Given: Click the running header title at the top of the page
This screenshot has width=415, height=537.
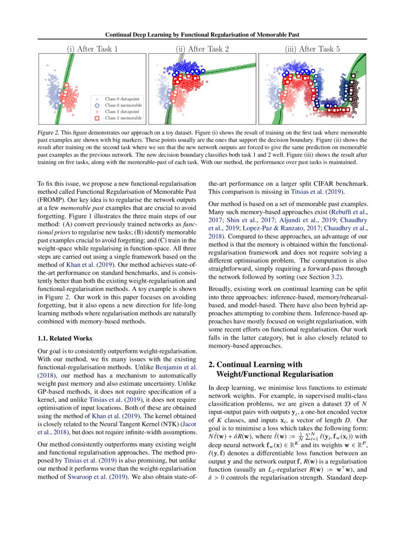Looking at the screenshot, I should (207, 35).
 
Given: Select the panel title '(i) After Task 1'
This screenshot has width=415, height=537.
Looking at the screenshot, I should (92, 49).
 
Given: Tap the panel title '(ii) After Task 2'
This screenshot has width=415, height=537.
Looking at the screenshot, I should (201, 49).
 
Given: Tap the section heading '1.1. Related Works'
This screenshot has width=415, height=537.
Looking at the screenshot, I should (65, 338).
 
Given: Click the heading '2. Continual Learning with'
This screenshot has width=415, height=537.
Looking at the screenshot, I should (255, 365).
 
